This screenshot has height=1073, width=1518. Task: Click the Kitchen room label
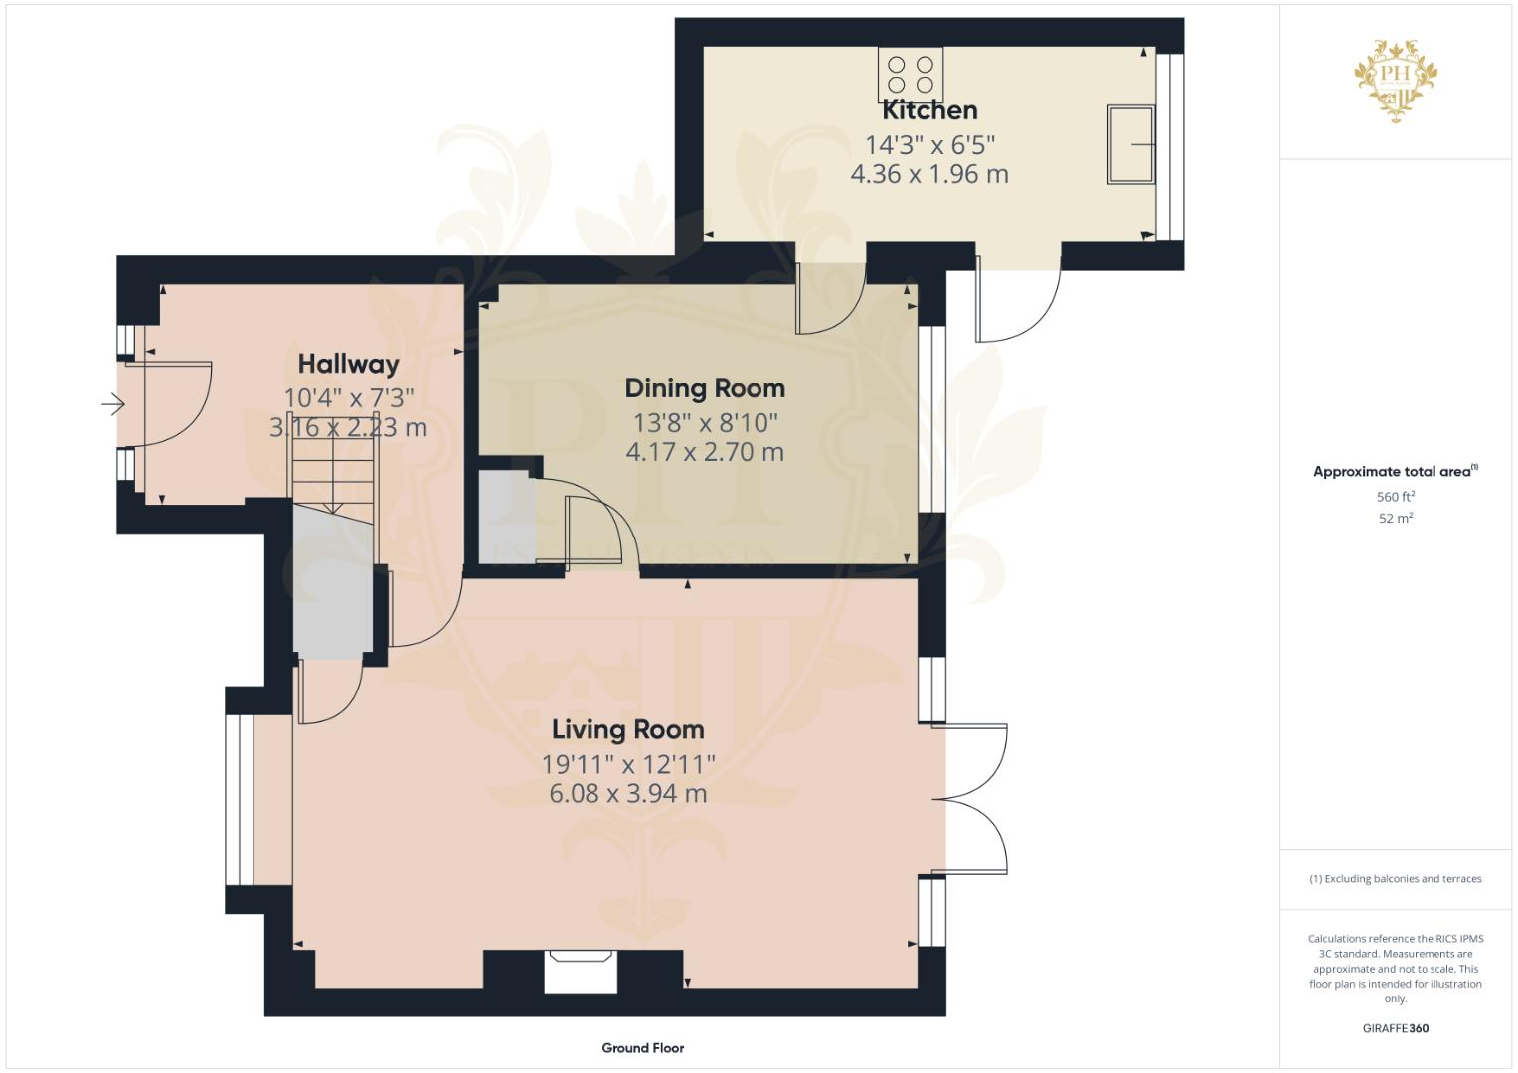[x=929, y=110]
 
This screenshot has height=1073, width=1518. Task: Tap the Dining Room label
[x=705, y=388]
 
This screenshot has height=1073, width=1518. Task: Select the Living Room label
[x=627, y=730]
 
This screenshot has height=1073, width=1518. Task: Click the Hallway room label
[x=348, y=364]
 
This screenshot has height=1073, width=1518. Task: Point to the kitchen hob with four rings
[x=911, y=74]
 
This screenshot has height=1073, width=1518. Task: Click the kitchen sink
[x=1131, y=144]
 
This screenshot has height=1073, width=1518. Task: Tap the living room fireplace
[x=580, y=970]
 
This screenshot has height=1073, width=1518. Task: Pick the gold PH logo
[x=1396, y=80]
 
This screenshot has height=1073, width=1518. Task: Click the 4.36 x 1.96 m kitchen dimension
[x=929, y=175]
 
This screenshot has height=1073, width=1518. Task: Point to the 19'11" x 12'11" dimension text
[x=627, y=764]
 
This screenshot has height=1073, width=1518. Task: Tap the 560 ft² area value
[x=1396, y=497]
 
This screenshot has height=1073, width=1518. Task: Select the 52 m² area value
[x=1396, y=519]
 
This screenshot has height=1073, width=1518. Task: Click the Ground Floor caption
[x=642, y=1048]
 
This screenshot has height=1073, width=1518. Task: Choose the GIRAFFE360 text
[x=1396, y=1028]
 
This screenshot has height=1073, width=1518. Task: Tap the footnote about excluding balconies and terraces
[x=1396, y=879]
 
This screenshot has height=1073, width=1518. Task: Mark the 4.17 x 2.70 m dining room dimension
[x=705, y=453]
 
